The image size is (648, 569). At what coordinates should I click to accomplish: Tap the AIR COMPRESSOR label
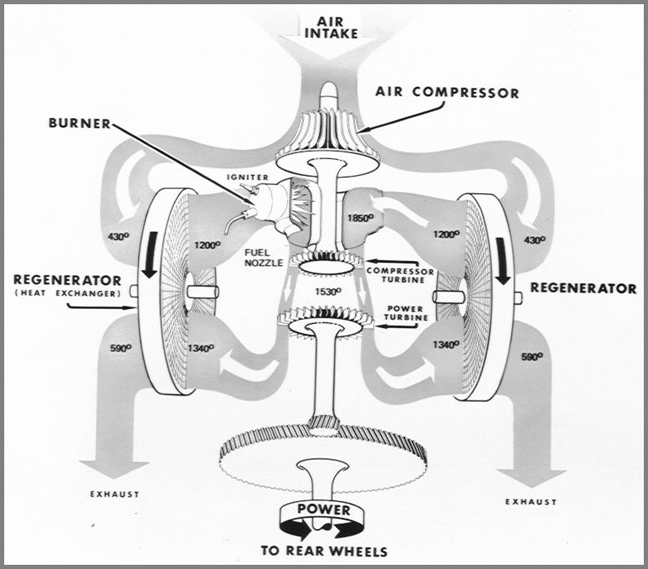pos(447,92)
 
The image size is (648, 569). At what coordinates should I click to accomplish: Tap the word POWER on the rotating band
pos(322,510)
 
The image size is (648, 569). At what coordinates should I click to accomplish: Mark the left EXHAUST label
pos(115,495)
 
